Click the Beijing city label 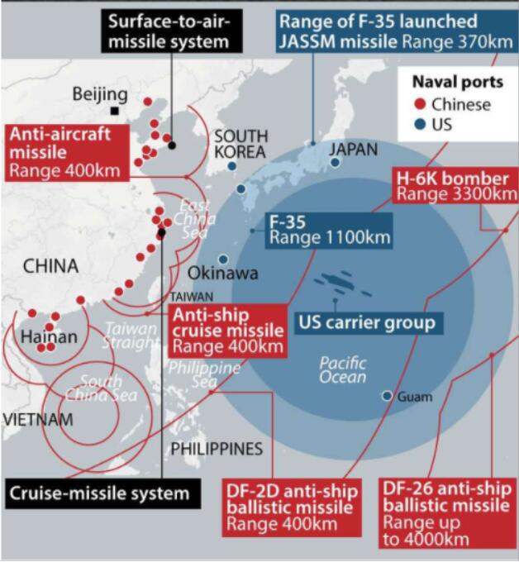[100, 95]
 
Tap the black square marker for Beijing [114, 111]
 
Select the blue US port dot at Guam [387, 396]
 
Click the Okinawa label [222, 274]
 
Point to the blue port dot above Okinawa [223, 259]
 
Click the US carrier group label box [369, 323]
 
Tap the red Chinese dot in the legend [420, 104]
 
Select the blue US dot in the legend [420, 125]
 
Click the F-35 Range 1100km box [329, 231]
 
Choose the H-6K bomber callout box [455, 185]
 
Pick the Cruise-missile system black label [102, 493]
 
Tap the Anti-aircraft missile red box [67, 153]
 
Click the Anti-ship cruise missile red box [228, 331]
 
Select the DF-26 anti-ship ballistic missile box [449, 513]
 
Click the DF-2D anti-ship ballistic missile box [292, 507]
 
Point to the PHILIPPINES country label [217, 449]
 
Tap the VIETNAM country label [38, 419]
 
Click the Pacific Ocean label [343, 370]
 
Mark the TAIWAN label [192, 297]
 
